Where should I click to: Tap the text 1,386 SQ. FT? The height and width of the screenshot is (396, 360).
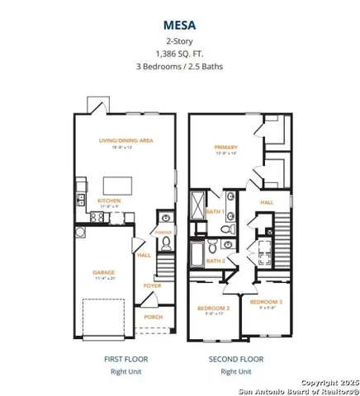179,54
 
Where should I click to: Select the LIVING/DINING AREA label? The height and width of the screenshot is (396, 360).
126,141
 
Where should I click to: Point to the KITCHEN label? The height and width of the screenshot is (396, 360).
111,201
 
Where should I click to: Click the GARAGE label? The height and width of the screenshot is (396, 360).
103,272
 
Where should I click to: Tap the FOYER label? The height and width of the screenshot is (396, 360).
153,285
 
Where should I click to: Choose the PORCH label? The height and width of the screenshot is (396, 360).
153,316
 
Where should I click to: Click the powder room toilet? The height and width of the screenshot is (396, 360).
166,219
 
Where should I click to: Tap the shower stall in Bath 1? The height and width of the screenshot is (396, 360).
201,203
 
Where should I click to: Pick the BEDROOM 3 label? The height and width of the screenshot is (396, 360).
269,302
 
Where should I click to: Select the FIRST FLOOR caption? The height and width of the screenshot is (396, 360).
125,360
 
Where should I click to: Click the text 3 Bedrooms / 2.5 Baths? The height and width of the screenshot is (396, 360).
179,68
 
